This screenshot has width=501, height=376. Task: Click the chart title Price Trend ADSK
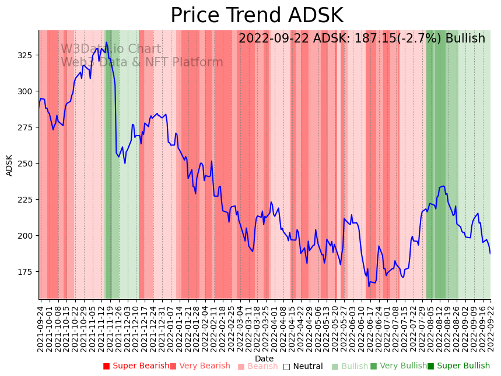[257, 16]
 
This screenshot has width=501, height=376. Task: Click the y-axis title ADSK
[9, 165]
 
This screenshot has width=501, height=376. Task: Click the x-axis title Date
[264, 359]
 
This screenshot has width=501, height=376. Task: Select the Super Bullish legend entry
[458, 366]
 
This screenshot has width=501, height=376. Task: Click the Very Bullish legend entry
[398, 366]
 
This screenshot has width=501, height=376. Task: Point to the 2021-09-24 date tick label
[40, 328]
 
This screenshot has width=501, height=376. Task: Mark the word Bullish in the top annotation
[465, 39]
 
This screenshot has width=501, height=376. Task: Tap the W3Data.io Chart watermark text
[111, 49]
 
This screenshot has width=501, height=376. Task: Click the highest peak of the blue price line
[106, 42]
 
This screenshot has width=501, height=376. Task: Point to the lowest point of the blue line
[369, 286]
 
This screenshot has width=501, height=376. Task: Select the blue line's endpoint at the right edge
[491, 253]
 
